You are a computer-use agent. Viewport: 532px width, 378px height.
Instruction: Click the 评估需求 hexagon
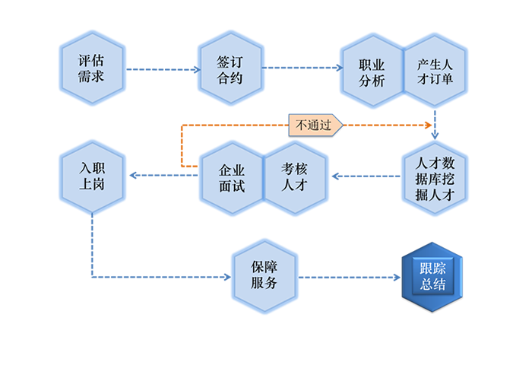[x=91, y=68]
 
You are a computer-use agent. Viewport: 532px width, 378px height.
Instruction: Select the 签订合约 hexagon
[x=231, y=68]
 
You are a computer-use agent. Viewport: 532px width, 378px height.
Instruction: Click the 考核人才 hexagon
[x=295, y=176]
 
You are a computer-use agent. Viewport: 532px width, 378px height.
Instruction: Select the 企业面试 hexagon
[x=231, y=176]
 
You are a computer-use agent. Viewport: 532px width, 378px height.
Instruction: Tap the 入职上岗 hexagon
[x=91, y=176]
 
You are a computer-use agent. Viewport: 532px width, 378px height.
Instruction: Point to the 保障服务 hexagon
[x=264, y=278]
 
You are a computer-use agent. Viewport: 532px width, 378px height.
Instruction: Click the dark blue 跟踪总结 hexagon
[x=433, y=278]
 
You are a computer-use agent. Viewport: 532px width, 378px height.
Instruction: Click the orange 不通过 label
[x=314, y=125]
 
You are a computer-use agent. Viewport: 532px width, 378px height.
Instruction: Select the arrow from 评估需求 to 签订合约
[x=161, y=69]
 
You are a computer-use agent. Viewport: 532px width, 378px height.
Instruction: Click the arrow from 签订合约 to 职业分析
[x=301, y=68]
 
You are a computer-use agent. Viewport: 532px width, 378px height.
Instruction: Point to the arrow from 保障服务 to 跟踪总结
[x=349, y=278]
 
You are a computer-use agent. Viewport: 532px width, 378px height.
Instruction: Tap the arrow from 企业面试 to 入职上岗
[x=161, y=176]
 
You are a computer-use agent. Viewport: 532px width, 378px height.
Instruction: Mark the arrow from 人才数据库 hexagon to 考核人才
[x=364, y=176]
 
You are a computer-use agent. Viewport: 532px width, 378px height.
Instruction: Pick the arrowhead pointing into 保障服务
[x=226, y=277]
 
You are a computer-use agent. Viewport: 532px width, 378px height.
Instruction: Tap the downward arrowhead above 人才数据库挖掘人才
[x=435, y=135]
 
